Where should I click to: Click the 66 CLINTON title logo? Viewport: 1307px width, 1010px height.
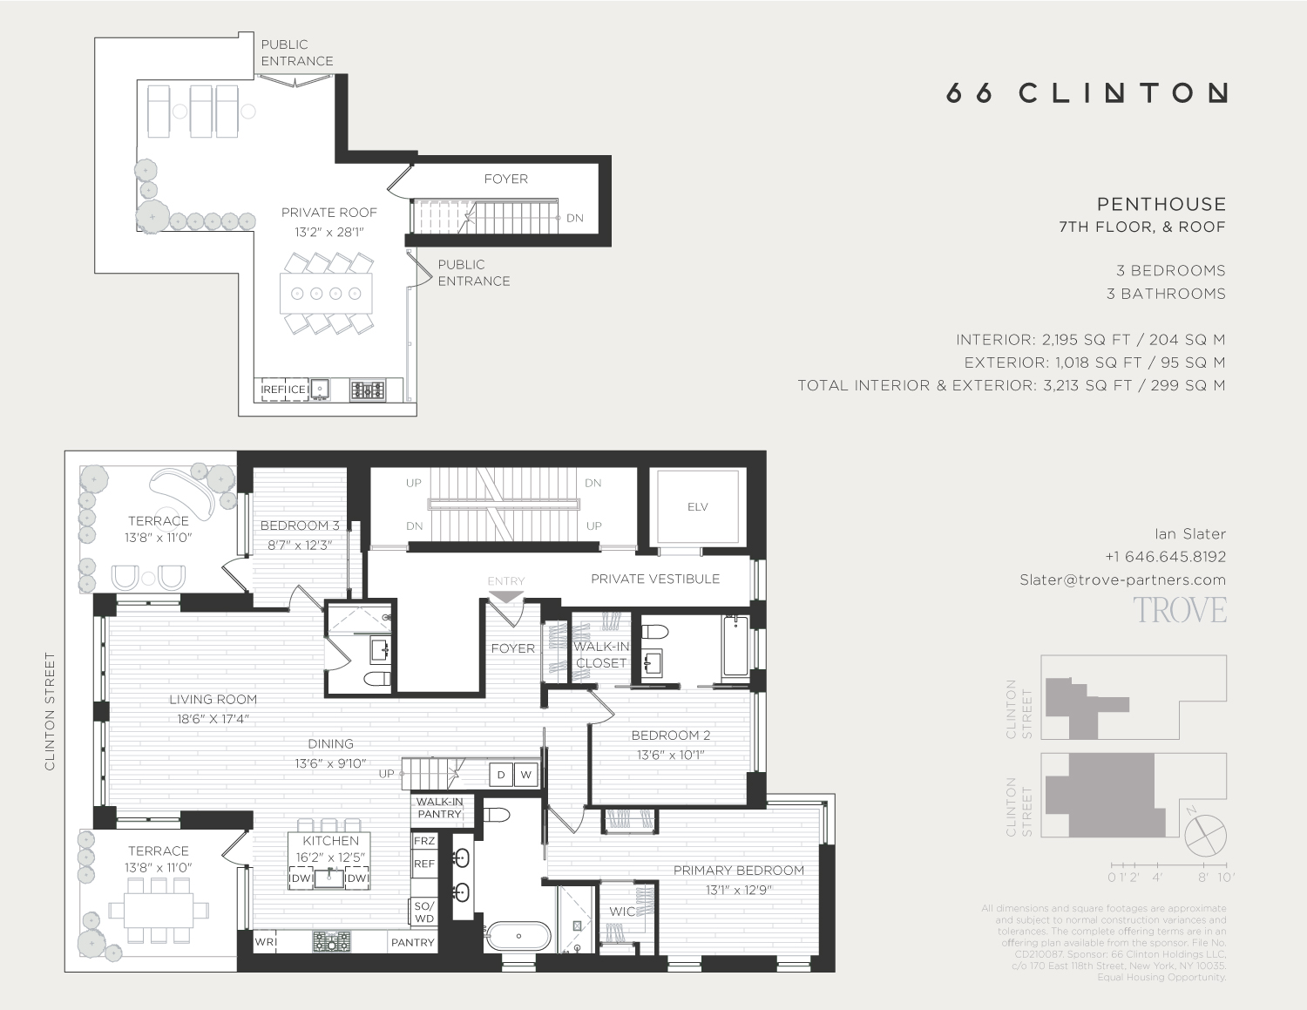coord(1087,93)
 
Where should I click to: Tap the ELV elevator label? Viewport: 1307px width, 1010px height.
coord(698,507)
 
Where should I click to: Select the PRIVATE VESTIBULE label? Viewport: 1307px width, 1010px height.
coord(655,579)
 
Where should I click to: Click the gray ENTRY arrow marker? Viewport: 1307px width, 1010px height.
coord(506,597)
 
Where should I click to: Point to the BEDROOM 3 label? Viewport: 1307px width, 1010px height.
coord(300,525)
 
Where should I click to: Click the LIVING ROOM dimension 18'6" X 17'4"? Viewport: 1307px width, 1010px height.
coord(213,719)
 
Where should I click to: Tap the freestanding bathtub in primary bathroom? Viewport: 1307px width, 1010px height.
coord(518,937)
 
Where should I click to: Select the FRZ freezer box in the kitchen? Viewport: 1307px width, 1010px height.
coord(424,841)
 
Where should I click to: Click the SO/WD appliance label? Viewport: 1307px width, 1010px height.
coord(424,912)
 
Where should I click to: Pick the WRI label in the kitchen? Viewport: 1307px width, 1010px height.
coord(265,942)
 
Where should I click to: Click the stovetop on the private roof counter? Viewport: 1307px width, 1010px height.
coord(368,390)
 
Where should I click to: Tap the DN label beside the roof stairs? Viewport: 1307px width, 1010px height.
coord(575,218)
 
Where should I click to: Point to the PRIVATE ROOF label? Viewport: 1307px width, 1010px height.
coord(328,213)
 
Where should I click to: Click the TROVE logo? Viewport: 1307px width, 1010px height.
coord(1180,610)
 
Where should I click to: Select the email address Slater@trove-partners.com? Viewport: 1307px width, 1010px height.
coord(1122,580)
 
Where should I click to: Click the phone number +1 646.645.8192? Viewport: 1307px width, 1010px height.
coord(1165,557)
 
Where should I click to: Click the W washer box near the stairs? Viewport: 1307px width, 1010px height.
coord(525,775)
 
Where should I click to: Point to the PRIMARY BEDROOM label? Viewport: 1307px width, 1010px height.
coord(738,871)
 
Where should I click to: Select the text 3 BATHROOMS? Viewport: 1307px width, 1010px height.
coord(1166,294)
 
